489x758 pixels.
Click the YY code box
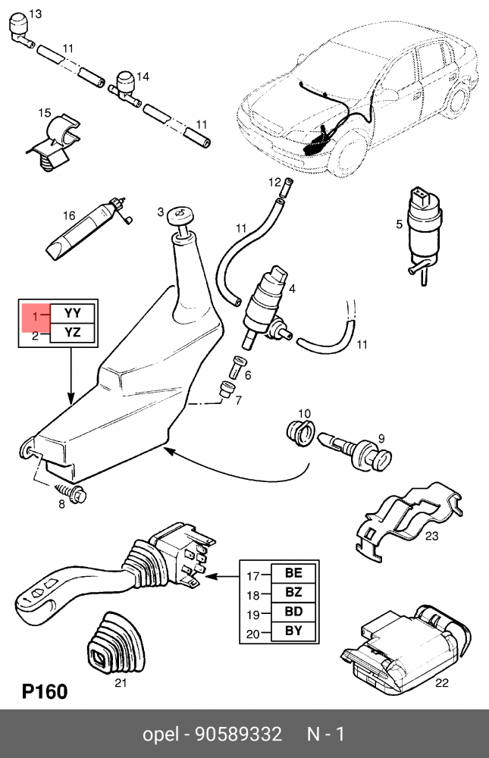(x=73, y=312)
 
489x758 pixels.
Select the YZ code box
(x=73, y=332)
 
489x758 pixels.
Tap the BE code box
(x=293, y=574)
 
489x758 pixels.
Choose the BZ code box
(x=293, y=594)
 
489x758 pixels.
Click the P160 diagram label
(x=44, y=691)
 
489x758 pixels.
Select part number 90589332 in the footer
(x=239, y=735)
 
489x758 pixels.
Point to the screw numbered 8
(x=75, y=494)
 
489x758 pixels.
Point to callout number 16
(x=69, y=215)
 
